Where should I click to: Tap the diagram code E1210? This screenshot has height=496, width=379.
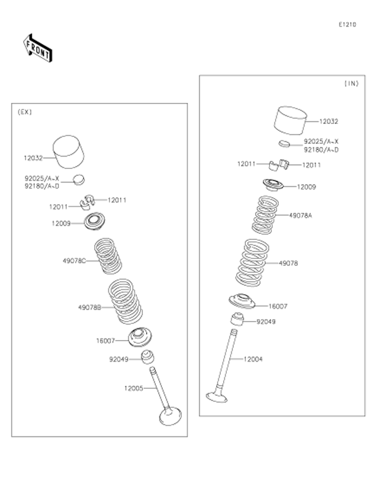347,24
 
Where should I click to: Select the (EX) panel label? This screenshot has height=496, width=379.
25,112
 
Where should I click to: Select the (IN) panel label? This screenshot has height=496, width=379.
351,83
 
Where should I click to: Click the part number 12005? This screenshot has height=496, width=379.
133,388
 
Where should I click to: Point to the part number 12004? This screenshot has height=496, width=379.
252,359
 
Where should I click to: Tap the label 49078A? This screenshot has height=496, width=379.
300,215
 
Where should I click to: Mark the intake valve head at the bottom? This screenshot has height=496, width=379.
218,396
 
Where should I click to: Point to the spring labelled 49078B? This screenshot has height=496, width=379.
126,301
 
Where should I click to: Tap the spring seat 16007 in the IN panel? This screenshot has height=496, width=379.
242,301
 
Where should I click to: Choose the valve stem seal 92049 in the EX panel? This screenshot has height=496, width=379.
147,357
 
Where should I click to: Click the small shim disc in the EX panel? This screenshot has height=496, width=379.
80,178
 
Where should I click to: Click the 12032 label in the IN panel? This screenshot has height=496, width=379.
328,122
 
